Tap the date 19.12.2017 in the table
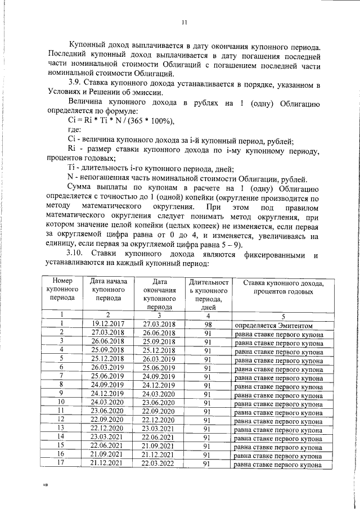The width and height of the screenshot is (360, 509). tap(107, 324)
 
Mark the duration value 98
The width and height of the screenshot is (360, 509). tap(208, 324)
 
